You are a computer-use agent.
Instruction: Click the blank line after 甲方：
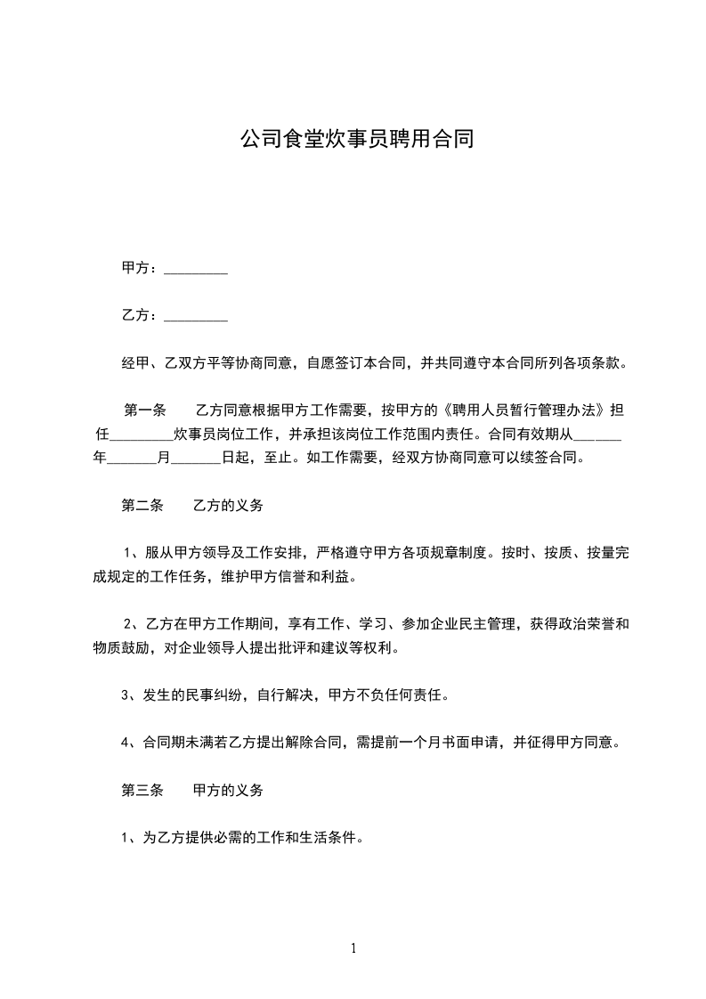coord(196,268)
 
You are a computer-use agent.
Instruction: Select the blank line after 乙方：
coord(196,315)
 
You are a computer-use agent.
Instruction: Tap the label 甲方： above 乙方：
coord(141,268)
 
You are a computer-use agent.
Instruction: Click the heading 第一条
coord(145,410)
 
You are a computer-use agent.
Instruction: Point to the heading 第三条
coord(142,790)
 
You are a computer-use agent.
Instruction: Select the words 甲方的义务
coord(228,790)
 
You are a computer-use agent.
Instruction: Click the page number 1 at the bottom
coord(353,949)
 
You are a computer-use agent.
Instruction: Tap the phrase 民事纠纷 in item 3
coord(213,695)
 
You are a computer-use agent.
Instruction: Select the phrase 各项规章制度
coord(445,553)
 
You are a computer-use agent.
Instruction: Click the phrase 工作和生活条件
coord(303,838)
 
